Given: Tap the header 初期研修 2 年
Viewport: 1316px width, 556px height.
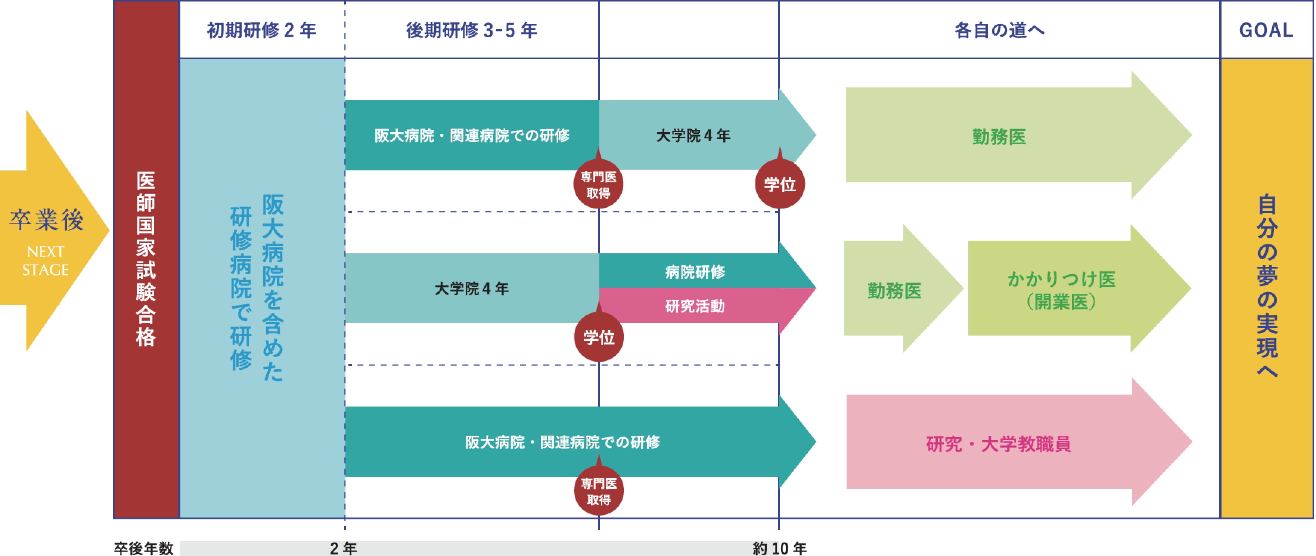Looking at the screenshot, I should pyautogui.click(x=261, y=30).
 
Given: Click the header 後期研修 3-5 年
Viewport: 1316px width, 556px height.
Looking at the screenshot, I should pyautogui.click(x=471, y=30).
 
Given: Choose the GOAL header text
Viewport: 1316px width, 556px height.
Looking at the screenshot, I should pyautogui.click(x=1266, y=30).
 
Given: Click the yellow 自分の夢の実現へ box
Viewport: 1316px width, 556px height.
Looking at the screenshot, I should pyautogui.click(x=1266, y=286).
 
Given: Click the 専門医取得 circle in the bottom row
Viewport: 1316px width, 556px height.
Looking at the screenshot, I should pyautogui.click(x=598, y=491).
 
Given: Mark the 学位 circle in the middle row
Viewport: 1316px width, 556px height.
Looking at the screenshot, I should pyautogui.click(x=599, y=338).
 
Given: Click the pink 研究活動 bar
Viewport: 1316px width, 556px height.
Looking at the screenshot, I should pyautogui.click(x=694, y=306).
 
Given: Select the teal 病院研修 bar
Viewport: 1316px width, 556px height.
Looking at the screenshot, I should pyautogui.click(x=694, y=271).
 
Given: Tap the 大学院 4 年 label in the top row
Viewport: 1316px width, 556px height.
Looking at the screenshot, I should pyautogui.click(x=693, y=135).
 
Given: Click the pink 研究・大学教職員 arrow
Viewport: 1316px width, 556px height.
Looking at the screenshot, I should pyautogui.click(x=999, y=443).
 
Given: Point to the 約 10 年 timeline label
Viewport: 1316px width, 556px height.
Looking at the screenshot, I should pyautogui.click(x=780, y=548).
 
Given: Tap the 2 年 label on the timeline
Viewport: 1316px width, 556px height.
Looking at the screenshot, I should pyautogui.click(x=343, y=548).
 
